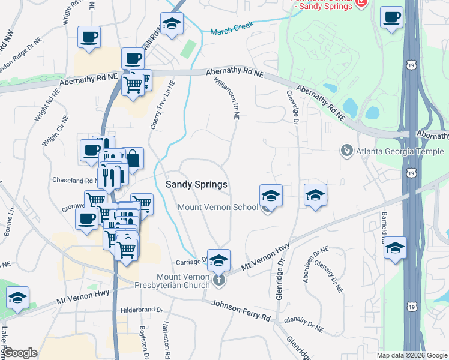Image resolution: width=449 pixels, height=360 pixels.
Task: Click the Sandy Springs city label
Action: point(196,185)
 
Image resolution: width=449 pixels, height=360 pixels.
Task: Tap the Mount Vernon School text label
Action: point(218,208)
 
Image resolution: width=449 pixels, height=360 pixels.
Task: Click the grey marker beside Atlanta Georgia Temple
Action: point(346,150)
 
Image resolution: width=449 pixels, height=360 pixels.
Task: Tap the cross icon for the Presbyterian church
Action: point(219,278)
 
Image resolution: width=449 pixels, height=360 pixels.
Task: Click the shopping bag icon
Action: point(133,159)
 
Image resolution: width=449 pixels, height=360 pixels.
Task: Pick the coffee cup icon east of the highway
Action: point(391,17)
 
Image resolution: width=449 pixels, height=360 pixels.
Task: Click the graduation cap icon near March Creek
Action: point(172,24)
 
